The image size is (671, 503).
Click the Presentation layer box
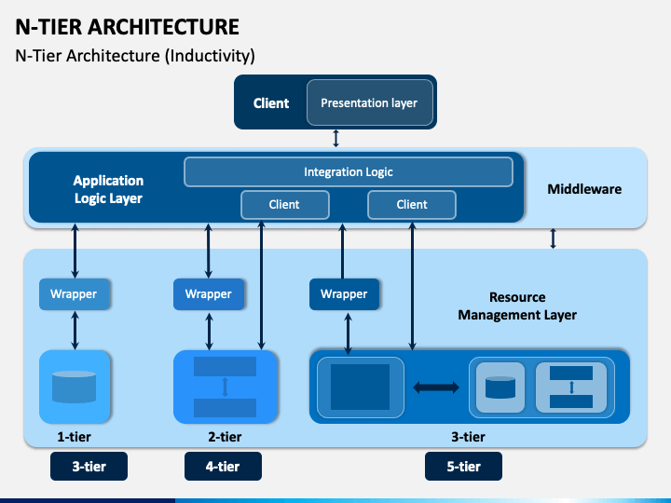370,102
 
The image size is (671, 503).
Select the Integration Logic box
349,172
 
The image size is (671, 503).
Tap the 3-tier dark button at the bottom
89,467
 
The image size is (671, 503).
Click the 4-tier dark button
223,467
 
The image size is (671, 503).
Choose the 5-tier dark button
463,467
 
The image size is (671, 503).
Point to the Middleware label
584,189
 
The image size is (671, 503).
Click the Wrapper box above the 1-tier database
75,294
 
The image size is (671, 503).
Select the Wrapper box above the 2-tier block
209,294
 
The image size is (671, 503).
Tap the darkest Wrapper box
345,294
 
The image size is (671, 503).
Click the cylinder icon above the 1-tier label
74,387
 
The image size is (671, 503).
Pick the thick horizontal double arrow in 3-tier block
436,387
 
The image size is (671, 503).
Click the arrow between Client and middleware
335,139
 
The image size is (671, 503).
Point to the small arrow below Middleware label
553,238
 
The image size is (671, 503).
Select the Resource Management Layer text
517,306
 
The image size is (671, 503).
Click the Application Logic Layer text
108,189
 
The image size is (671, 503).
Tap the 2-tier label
225,437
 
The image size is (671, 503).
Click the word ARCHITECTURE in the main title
163,27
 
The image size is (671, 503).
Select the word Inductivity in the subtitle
210,56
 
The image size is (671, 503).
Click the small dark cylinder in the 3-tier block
500,387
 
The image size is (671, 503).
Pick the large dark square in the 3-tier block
361,387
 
